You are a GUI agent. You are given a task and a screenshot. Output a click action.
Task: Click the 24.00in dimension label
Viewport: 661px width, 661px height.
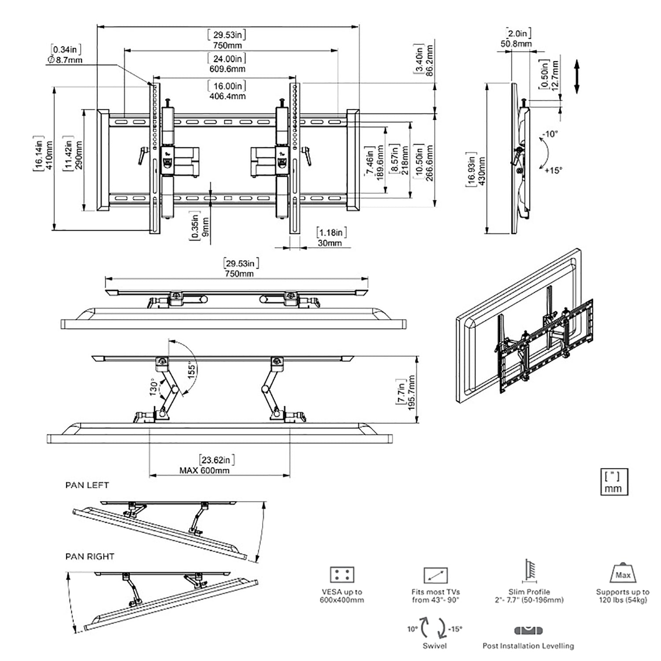pyautogui.click(x=227, y=58)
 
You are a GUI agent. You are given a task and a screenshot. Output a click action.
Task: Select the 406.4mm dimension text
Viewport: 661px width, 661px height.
pyautogui.click(x=227, y=96)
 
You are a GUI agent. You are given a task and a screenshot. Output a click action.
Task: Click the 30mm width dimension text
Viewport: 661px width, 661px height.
pyautogui.click(x=329, y=243)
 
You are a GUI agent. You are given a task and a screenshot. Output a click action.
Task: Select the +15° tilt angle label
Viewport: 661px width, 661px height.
pyautogui.click(x=553, y=170)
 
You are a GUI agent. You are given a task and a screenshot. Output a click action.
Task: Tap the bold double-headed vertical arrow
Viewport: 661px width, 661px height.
pyautogui.click(x=576, y=77)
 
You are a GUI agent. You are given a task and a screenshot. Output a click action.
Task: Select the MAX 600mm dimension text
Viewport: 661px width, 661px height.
pyautogui.click(x=204, y=470)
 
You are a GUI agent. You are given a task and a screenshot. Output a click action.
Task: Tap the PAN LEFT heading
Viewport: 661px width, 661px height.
pyautogui.click(x=87, y=485)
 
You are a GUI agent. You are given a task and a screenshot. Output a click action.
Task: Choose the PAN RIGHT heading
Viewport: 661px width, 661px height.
pyautogui.click(x=89, y=557)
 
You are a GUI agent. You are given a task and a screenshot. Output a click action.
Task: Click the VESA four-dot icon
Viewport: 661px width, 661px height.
pyautogui.click(x=342, y=575)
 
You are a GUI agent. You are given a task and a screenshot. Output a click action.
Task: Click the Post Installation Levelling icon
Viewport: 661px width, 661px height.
pyautogui.click(x=528, y=631)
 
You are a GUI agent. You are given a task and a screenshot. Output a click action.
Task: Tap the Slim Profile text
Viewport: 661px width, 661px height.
pyautogui.click(x=529, y=592)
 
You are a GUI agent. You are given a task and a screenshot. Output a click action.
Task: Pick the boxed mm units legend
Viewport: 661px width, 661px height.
pyautogui.click(x=613, y=482)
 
